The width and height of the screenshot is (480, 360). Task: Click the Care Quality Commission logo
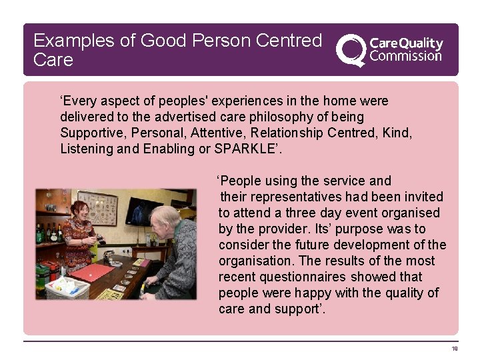click(389, 49)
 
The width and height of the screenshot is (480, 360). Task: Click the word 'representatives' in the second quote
click(294, 197)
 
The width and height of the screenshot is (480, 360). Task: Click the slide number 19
click(454, 349)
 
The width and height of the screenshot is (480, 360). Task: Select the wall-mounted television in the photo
click(143, 210)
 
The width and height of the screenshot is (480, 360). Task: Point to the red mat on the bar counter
click(93, 273)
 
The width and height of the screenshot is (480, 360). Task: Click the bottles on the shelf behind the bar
click(49, 233)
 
